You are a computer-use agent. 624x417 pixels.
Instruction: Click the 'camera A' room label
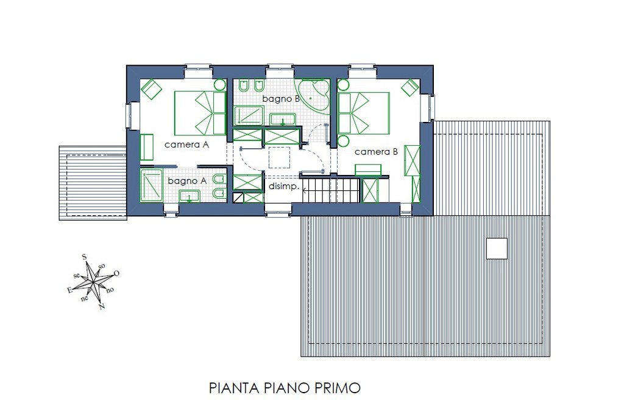(x=186, y=144)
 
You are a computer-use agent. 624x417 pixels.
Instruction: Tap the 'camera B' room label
(x=376, y=152)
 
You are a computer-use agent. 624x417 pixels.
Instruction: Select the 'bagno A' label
(x=187, y=181)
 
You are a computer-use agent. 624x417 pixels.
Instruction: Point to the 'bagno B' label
(x=281, y=99)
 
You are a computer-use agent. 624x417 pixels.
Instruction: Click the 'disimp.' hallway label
(x=284, y=187)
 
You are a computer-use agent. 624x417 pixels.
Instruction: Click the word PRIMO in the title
(x=338, y=388)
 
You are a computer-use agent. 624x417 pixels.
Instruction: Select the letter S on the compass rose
(x=84, y=257)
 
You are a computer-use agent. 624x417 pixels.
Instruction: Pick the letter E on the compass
(x=69, y=290)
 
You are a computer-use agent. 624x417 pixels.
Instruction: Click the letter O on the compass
(x=116, y=274)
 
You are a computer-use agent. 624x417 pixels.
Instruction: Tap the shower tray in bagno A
(x=151, y=185)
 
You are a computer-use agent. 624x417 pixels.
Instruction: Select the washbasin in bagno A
(x=190, y=196)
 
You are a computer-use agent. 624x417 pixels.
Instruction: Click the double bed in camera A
(x=200, y=113)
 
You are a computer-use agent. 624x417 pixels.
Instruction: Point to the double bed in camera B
(x=364, y=113)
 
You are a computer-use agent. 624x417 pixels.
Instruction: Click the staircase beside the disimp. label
(x=331, y=190)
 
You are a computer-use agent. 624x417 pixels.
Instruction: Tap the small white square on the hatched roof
(x=497, y=249)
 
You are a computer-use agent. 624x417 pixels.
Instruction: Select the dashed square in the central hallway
(x=279, y=157)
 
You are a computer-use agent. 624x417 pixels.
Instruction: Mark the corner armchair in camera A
(x=152, y=89)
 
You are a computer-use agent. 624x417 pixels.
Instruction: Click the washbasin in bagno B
(x=283, y=119)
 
